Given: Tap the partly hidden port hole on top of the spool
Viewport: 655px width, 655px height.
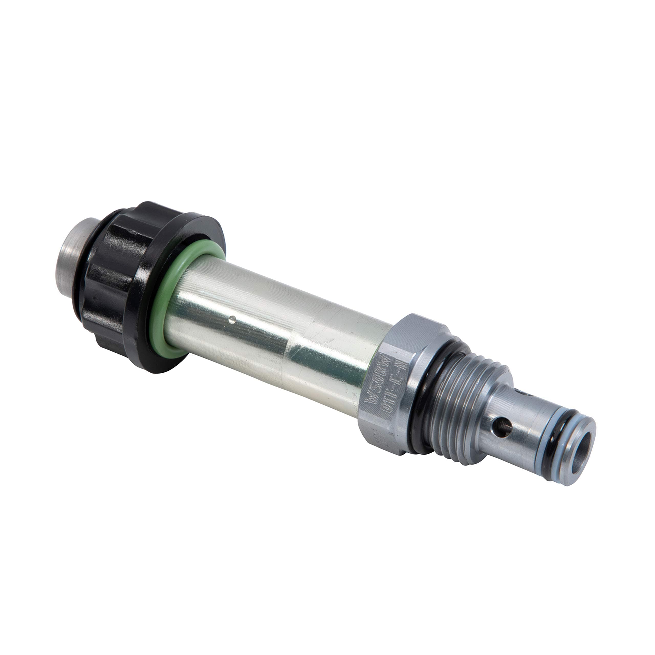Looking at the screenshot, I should (x=526, y=394).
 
